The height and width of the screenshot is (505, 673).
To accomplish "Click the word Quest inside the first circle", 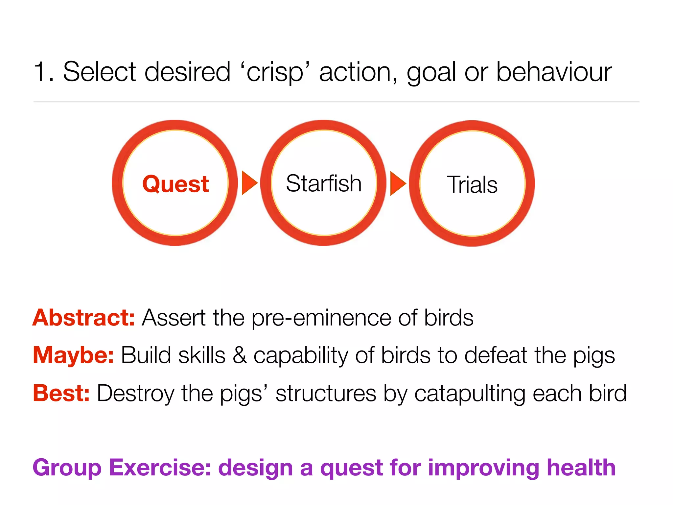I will pyautogui.click(x=175, y=184).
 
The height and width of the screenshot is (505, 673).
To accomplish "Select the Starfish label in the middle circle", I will pyautogui.click(x=324, y=183).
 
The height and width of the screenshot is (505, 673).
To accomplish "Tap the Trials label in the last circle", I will pyautogui.click(x=472, y=184).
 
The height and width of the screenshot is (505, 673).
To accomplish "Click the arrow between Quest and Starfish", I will pyautogui.click(x=249, y=183).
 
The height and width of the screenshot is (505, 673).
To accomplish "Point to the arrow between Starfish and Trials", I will pyautogui.click(x=398, y=183).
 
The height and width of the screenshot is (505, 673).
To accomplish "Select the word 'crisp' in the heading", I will pyautogui.click(x=275, y=72).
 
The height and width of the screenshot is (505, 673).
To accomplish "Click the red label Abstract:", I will pyautogui.click(x=83, y=318).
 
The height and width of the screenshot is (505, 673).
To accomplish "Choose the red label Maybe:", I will pyautogui.click(x=73, y=355).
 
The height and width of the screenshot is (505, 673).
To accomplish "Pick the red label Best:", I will pyautogui.click(x=61, y=393).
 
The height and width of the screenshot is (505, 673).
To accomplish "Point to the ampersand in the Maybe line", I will pyautogui.click(x=240, y=355).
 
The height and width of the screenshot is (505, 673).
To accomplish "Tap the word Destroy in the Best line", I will pyautogui.click(x=135, y=394).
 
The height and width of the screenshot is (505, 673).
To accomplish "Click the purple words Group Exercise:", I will pyautogui.click(x=122, y=468).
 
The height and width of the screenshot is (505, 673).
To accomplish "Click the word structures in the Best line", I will pyautogui.click(x=326, y=393).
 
